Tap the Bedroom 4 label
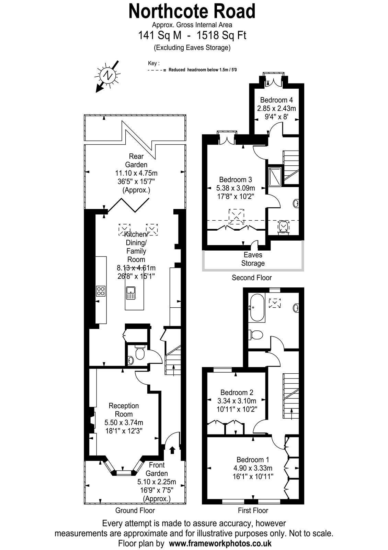(x=276, y=100)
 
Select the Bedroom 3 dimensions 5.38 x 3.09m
(x=236, y=188)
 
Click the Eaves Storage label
(x=253, y=259)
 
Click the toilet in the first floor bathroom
(x=255, y=334)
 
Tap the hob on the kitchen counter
(x=101, y=291)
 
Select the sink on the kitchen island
(x=131, y=293)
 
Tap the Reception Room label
(x=124, y=410)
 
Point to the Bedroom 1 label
(x=253, y=460)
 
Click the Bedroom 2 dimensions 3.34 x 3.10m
(x=237, y=401)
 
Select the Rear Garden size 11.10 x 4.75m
(x=136, y=173)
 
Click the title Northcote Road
(x=192, y=12)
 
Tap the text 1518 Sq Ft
(x=221, y=35)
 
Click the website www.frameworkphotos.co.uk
(x=220, y=543)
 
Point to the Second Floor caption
(x=252, y=278)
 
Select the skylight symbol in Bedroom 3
(x=237, y=217)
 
